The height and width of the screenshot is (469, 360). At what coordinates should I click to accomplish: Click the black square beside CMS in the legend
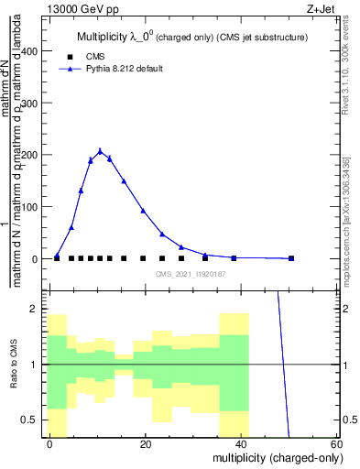(70, 56)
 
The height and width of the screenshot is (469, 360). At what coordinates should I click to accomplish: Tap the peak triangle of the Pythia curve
(101, 151)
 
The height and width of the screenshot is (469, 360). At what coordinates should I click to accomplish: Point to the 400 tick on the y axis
(33, 51)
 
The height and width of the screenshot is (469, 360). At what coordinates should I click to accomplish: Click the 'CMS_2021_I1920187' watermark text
(191, 273)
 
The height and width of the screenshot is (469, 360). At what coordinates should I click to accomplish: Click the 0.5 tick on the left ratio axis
(34, 420)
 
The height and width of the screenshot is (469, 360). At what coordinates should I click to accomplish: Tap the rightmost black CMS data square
(291, 258)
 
